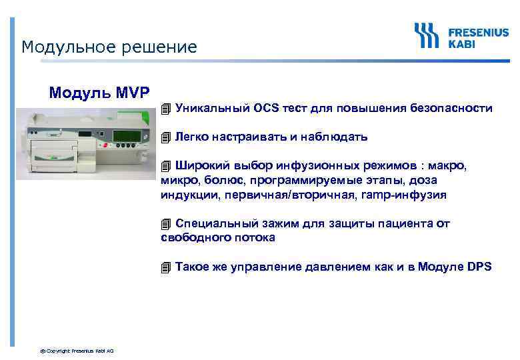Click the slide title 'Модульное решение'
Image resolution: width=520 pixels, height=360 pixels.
(x=109, y=47)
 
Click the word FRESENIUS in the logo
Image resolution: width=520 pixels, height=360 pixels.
(x=478, y=31)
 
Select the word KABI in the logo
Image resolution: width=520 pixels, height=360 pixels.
(x=462, y=42)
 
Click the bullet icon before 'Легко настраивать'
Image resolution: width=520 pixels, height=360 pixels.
(x=166, y=137)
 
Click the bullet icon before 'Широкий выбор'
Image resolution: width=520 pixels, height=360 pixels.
(x=166, y=166)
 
